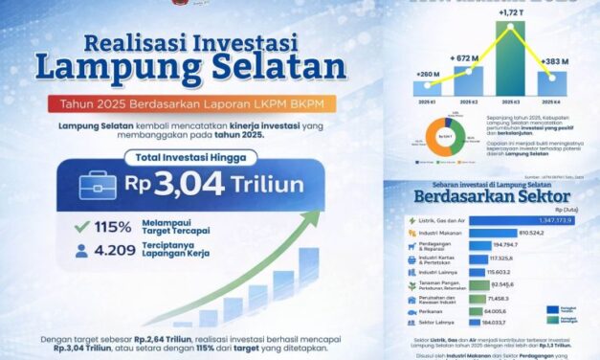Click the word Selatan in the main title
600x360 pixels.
tap(278, 68)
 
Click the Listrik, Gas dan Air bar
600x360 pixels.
tap(499, 220)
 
